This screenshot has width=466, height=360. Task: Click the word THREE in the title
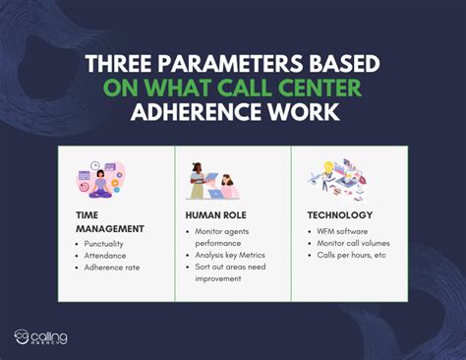click(117, 64)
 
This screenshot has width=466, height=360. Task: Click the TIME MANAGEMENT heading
click(108, 221)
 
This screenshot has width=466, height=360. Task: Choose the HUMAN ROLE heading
click(214, 214)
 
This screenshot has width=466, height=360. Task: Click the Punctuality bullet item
click(110, 243)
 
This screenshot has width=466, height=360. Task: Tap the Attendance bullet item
click(109, 255)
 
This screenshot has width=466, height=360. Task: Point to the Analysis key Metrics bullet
click(231, 255)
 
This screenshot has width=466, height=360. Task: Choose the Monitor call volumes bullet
click(353, 243)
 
